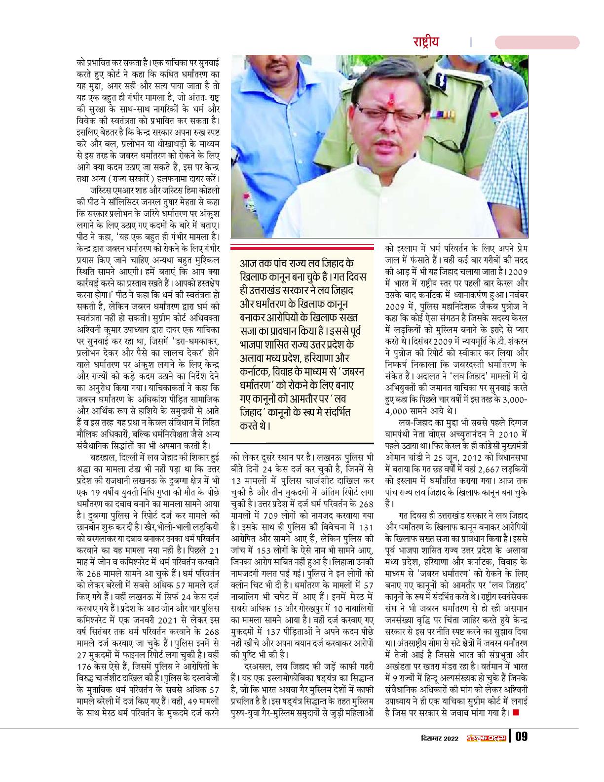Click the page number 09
point(522,738)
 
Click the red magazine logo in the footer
point(486,738)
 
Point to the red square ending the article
point(516,712)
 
